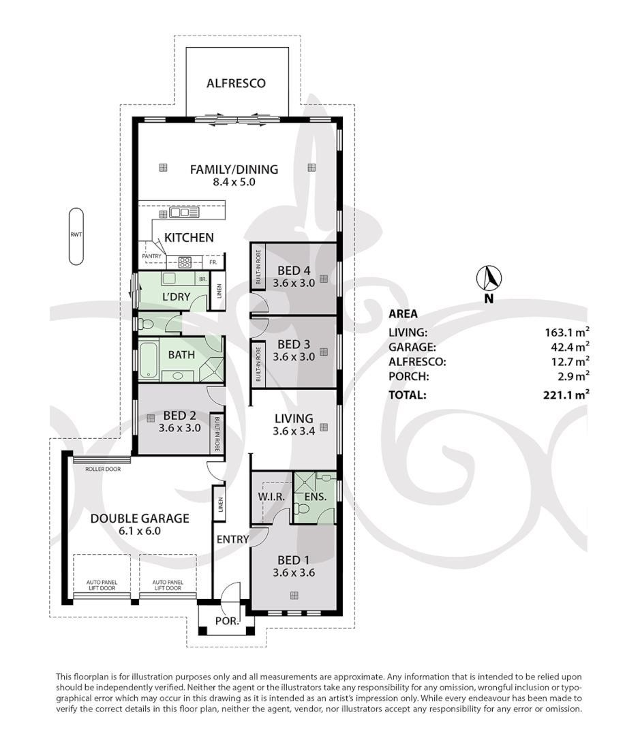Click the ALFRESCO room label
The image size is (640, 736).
coord(236,84)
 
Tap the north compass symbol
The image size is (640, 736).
coord(489,278)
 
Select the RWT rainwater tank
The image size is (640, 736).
coord(76,236)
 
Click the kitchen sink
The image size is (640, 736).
coord(184,213)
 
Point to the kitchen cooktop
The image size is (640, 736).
coord(185,262)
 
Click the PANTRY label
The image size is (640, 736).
coord(152,256)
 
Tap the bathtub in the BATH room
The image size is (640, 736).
coord(149,360)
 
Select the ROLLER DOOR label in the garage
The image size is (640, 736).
coord(103,469)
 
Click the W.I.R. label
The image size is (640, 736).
coord(271,497)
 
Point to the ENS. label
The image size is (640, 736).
coord(315,497)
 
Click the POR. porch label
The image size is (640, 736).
coord(227,621)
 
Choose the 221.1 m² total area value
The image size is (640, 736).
coord(566,395)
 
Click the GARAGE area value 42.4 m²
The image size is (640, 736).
coord(570,347)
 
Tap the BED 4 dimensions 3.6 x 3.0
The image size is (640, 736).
coord(294,283)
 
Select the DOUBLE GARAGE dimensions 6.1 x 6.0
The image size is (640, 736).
coord(140,531)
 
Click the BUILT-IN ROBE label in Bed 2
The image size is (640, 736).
coord(217,434)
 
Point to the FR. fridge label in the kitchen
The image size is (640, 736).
coord(213,262)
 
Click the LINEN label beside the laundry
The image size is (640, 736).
coord(219,292)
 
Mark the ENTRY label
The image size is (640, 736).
coord(232,539)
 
